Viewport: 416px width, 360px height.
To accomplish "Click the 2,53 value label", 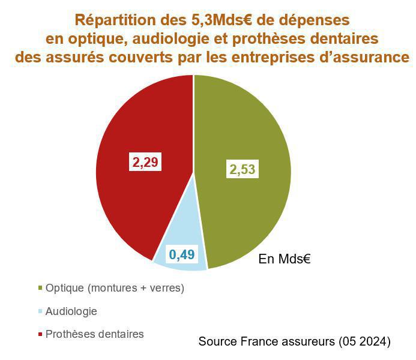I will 243,169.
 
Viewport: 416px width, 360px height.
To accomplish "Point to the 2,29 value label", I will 146,162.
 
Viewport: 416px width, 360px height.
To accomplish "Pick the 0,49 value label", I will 181,255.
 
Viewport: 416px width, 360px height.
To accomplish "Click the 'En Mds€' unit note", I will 283,259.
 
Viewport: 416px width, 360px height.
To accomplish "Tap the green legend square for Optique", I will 40,289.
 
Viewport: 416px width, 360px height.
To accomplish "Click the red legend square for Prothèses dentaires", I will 40,335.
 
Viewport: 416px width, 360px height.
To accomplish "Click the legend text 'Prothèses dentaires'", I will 95,334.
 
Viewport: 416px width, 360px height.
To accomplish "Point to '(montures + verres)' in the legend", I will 136,288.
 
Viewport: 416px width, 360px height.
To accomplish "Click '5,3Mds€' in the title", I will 219,19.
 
